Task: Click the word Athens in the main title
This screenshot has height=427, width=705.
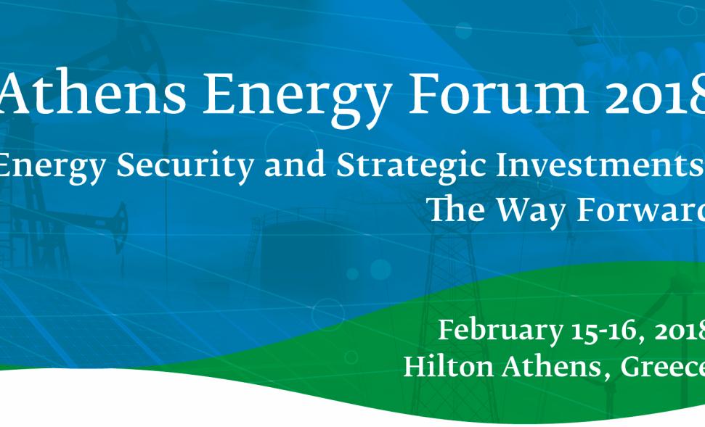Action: click(92, 94)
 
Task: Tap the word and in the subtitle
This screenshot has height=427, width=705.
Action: click(295, 164)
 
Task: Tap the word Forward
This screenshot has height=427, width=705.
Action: click(640, 210)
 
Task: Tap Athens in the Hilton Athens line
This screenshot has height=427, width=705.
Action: click(551, 367)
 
